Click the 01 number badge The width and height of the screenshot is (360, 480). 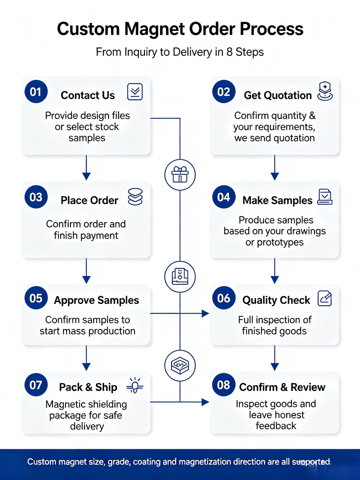(36, 91)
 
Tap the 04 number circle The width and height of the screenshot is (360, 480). (224, 197)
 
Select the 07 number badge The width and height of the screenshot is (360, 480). (36, 385)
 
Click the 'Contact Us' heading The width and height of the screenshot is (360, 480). (88, 95)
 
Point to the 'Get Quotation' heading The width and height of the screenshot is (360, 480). (277, 95)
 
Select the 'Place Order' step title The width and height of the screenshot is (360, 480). (89, 200)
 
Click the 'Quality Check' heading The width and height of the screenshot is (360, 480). (276, 300)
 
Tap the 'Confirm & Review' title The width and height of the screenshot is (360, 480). (282, 387)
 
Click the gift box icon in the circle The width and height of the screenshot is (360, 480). (180, 174)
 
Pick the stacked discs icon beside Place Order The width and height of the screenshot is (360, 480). (135, 196)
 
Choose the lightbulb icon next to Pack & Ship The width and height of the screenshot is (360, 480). (135, 385)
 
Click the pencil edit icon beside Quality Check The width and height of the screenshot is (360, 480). (324, 298)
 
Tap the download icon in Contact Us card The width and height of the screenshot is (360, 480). (135, 91)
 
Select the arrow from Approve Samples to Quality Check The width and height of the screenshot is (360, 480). (179, 313)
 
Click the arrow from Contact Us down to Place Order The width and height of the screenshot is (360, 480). (86, 167)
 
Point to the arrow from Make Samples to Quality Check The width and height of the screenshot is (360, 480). (274, 271)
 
